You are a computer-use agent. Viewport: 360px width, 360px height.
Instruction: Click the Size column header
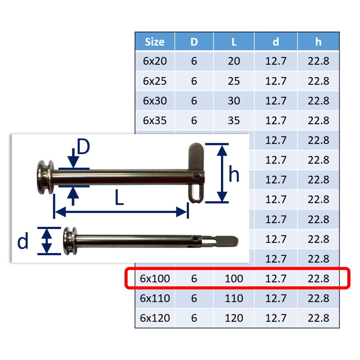click(x=154, y=42)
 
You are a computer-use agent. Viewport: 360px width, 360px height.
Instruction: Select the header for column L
click(x=234, y=42)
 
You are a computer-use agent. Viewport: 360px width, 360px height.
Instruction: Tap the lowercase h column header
click(x=318, y=42)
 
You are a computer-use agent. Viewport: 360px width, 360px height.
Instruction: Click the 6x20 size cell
click(x=155, y=61)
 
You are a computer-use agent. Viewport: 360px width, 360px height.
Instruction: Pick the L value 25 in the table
click(x=234, y=81)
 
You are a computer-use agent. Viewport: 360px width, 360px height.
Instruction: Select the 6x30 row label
click(x=155, y=101)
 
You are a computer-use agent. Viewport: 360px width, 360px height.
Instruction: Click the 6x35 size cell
click(x=155, y=121)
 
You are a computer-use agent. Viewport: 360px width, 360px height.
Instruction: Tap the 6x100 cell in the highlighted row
click(x=155, y=279)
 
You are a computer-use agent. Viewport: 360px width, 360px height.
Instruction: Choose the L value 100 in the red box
click(x=234, y=279)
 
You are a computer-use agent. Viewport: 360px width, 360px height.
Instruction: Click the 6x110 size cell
click(x=155, y=298)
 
